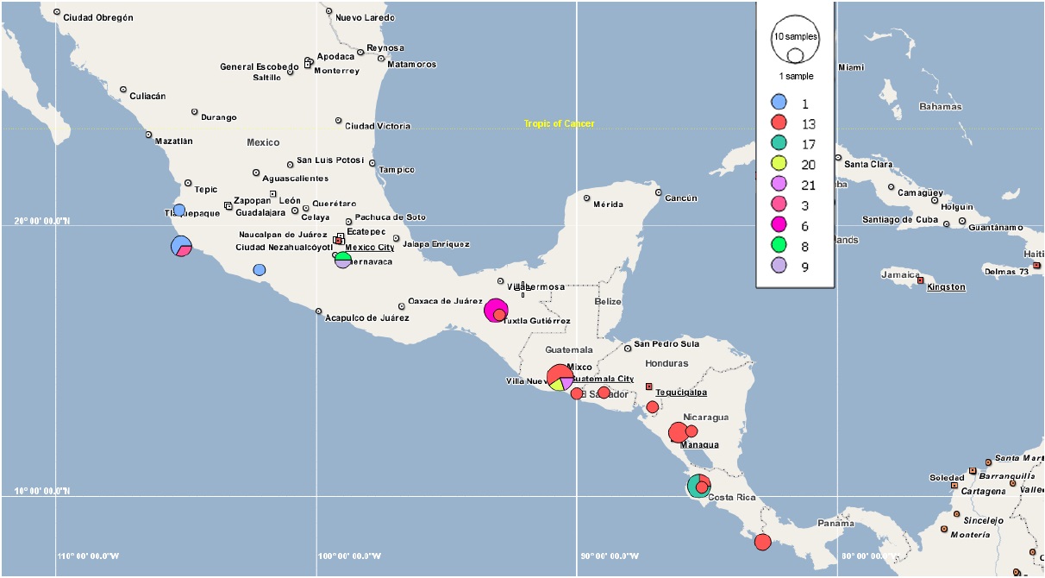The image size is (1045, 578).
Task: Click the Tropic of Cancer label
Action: pos(559,124)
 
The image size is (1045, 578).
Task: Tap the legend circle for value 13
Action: pos(779,123)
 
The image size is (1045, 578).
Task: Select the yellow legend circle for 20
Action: pos(779,164)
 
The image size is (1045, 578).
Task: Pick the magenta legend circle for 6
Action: pos(779,225)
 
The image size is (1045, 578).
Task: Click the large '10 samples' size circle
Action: pos(794,39)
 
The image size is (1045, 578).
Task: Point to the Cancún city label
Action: pos(680,198)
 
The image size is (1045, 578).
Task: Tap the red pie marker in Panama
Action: pos(762,542)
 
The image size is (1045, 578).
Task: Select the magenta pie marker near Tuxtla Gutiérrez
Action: pos(496,310)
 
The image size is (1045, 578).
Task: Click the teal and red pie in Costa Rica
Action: pos(698,486)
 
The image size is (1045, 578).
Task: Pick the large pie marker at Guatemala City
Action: pos(560,377)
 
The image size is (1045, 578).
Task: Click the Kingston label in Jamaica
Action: pos(946,287)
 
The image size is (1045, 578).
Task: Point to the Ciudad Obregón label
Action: pos(97,17)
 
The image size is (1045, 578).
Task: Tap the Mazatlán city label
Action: pos(173,141)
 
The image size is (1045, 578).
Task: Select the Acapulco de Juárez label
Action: pos(366,317)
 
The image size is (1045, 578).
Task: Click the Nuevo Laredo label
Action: pos(365,17)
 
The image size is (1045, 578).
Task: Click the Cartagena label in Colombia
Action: pos(983,491)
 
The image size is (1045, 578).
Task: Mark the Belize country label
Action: pos(607,301)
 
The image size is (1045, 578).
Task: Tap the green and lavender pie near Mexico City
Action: pos(343,259)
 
